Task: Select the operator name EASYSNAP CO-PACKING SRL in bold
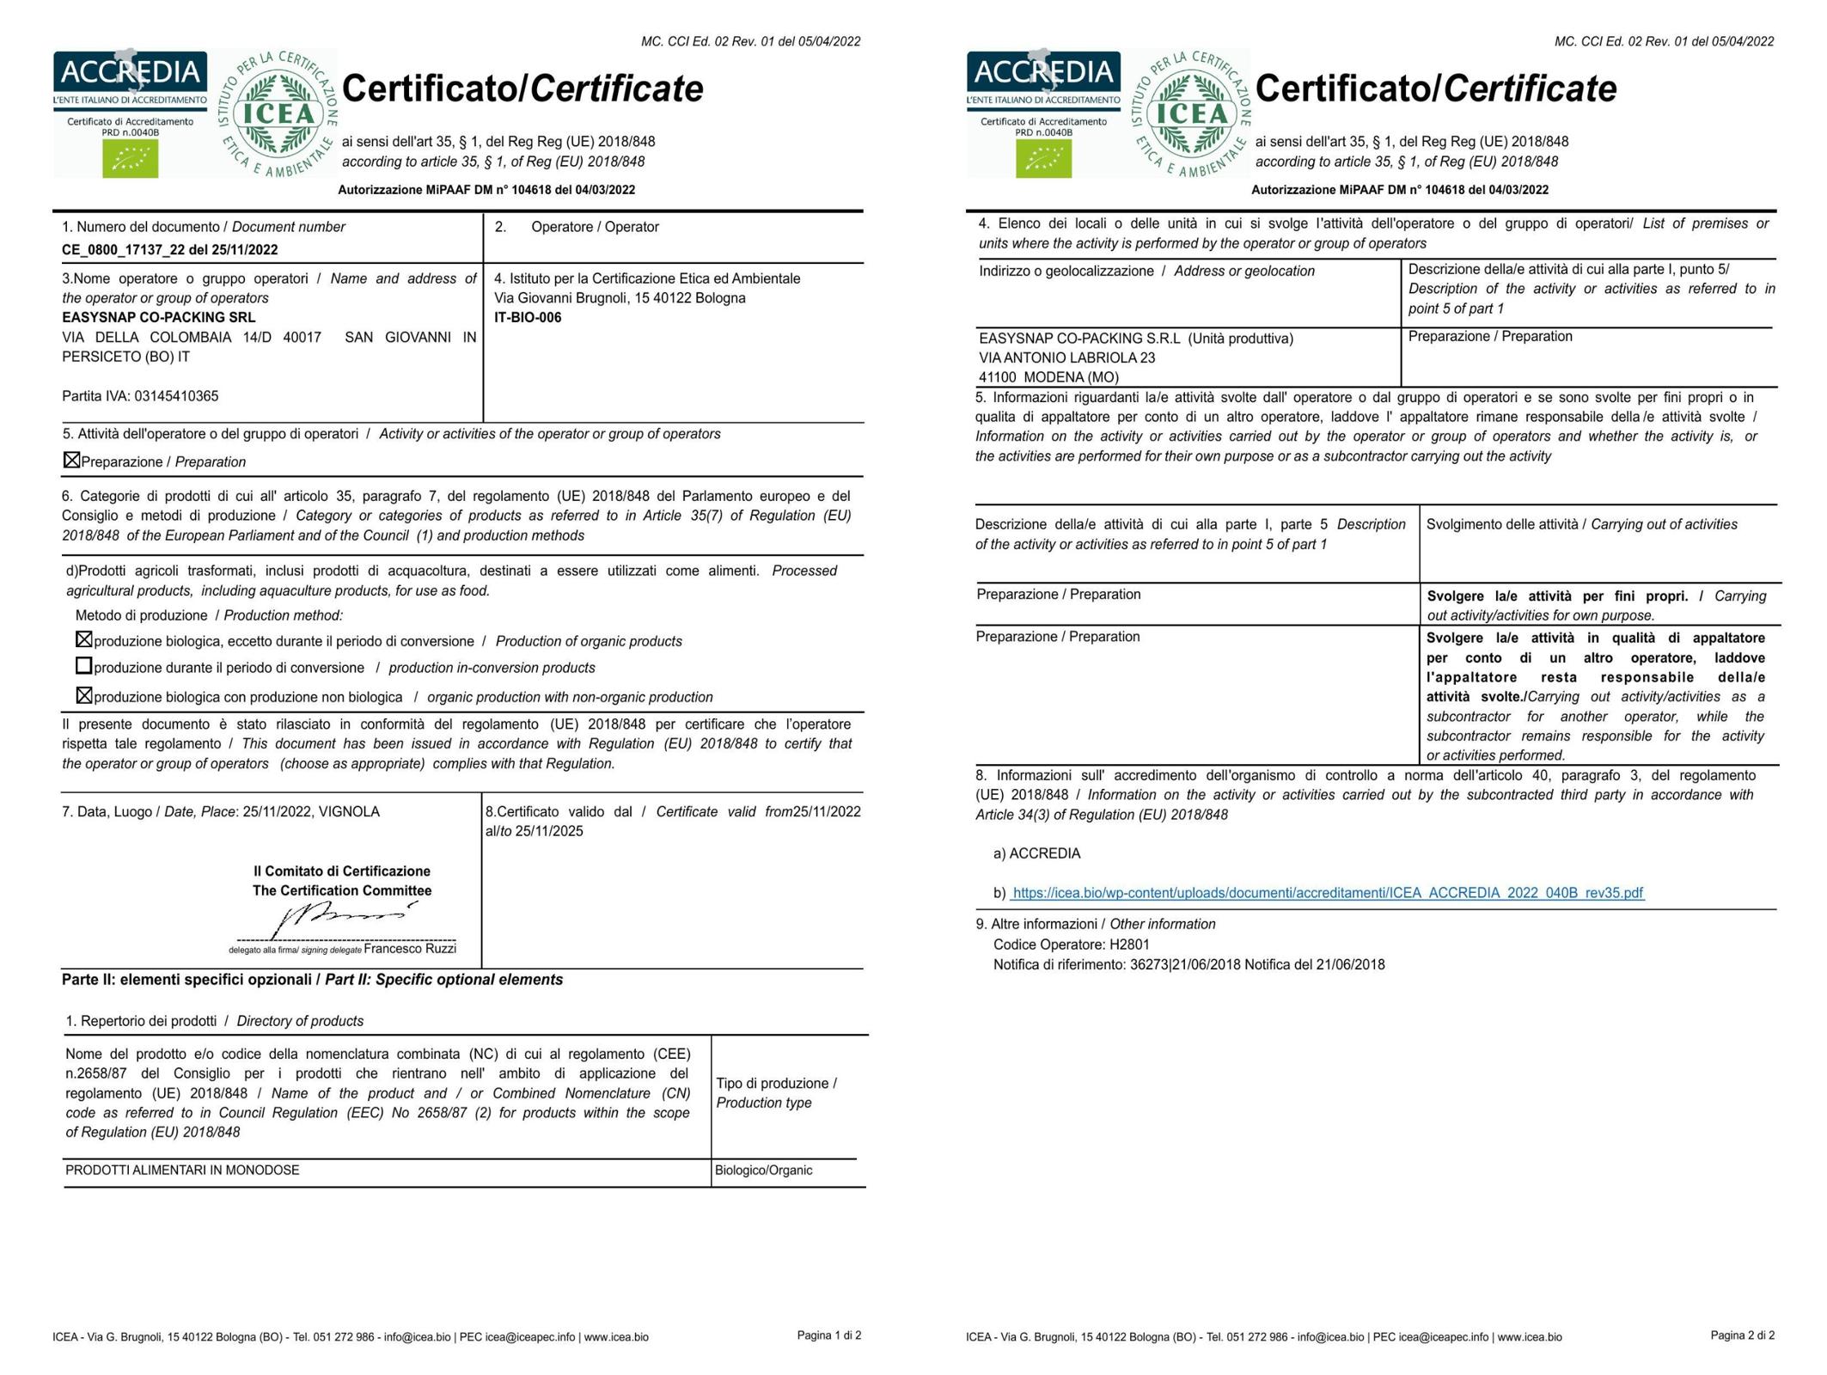coord(158,317)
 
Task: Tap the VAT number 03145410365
coord(176,396)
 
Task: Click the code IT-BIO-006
coord(528,318)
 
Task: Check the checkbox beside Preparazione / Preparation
coord(71,461)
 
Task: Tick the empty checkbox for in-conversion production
coord(83,666)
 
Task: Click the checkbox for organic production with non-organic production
coord(83,695)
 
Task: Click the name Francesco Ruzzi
coord(410,949)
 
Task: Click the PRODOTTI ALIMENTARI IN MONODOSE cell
coord(182,1170)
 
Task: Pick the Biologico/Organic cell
coord(763,1170)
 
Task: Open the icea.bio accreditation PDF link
coord(1328,893)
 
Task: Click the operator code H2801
coord(1129,944)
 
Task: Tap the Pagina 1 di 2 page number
coord(828,1335)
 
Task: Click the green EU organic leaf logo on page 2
coord(1043,159)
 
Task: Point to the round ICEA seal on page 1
coord(278,114)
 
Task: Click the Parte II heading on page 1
coord(312,980)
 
